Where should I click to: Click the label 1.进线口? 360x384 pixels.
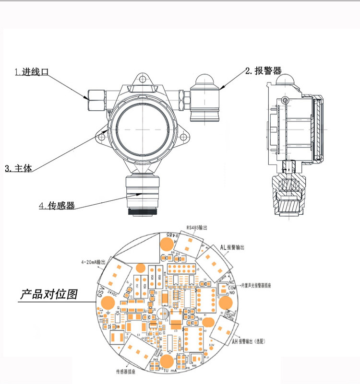32,72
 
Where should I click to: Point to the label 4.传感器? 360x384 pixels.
57,206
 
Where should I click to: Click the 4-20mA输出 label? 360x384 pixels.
94,263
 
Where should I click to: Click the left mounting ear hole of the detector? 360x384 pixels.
102,137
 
